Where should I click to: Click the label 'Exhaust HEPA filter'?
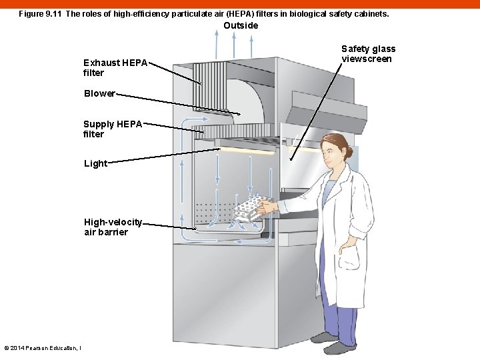pos(115,67)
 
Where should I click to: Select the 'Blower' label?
pos(99,93)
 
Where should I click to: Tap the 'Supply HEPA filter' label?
pos(113,129)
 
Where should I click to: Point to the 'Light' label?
pos(95,163)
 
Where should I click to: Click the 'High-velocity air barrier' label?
pos(113,227)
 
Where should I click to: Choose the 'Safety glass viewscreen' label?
pos(368,53)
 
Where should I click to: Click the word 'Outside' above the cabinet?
pos(241,25)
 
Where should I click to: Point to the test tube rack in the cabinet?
pos(251,208)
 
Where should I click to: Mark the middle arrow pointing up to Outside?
pos(233,45)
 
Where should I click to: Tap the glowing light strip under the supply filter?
pos(247,151)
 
